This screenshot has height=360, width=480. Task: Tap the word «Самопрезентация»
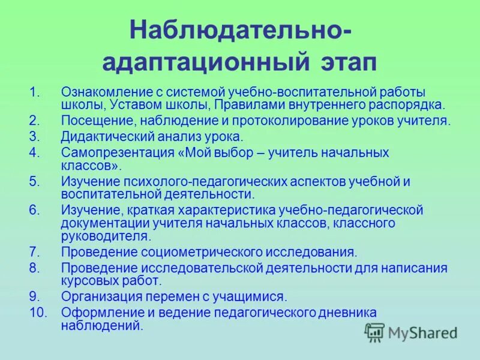point(118,152)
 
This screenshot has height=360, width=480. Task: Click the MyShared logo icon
point(374,332)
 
